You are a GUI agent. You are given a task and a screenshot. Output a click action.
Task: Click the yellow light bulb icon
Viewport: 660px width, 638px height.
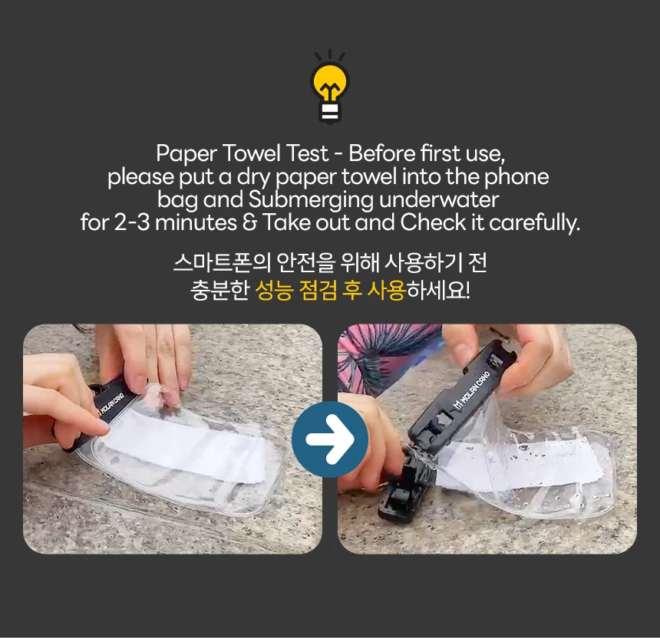(x=330, y=87)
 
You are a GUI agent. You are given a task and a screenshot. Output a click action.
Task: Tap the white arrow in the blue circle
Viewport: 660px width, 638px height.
(x=330, y=439)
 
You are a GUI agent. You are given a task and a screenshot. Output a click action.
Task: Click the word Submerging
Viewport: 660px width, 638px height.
(x=311, y=201)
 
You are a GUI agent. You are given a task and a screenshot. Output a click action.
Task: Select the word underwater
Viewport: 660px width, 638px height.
(x=439, y=199)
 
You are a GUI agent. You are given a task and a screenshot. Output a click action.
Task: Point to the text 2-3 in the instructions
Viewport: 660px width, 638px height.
(x=132, y=222)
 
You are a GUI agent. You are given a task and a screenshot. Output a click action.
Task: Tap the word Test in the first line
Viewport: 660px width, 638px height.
(x=307, y=153)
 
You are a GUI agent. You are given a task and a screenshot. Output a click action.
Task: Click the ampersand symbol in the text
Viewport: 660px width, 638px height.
(x=249, y=223)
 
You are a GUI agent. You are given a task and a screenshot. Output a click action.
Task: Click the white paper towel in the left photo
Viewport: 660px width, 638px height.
(x=185, y=446)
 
